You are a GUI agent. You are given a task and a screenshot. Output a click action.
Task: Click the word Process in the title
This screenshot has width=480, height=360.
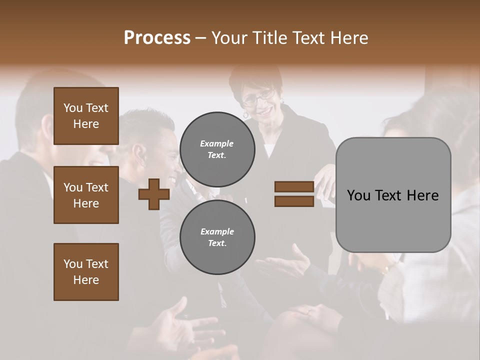157,38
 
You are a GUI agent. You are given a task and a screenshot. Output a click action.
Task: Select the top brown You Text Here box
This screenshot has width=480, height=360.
86,116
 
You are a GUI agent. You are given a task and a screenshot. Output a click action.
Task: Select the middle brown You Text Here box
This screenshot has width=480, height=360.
86,195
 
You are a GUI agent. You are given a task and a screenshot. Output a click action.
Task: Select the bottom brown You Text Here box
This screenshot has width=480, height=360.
86,272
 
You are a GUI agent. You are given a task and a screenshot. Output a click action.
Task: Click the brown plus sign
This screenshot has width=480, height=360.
154,194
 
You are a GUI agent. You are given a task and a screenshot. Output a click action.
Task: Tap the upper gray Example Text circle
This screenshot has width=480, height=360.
217,149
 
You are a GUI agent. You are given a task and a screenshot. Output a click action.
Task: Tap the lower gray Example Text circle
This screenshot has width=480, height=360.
217,237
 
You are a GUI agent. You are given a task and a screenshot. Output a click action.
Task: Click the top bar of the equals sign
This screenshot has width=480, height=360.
294,186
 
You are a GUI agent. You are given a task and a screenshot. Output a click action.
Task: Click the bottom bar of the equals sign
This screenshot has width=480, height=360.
294,201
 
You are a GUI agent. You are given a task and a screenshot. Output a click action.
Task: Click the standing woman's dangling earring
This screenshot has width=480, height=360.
245,115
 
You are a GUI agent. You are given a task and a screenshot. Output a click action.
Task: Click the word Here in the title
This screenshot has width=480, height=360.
348,38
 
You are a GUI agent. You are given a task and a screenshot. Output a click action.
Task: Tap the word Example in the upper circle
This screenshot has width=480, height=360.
217,143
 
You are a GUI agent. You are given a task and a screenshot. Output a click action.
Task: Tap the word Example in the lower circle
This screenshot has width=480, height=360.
217,231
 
